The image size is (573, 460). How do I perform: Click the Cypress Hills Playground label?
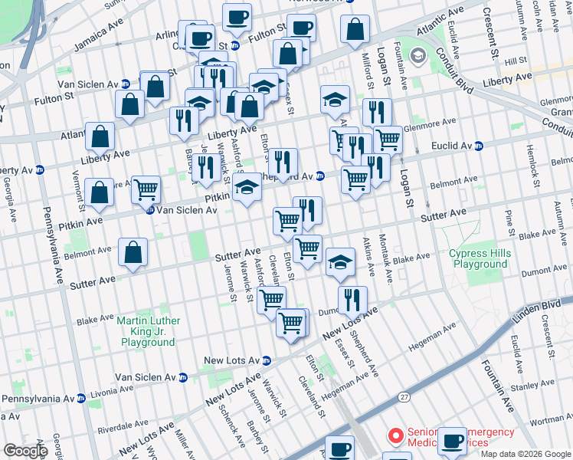[479, 258]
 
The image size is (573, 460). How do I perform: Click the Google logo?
[26, 451]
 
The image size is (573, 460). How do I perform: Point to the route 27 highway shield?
[404, 396]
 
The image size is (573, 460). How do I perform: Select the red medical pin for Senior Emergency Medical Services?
[396, 435]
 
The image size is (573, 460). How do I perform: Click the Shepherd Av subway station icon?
[320, 176]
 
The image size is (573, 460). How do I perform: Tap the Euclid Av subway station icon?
[479, 146]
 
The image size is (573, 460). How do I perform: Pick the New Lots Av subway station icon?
[267, 360]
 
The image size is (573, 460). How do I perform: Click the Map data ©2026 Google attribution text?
[526, 454]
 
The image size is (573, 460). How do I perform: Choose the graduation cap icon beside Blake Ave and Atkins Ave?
[340, 261]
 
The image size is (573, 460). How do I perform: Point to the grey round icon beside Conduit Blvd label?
[418, 56]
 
